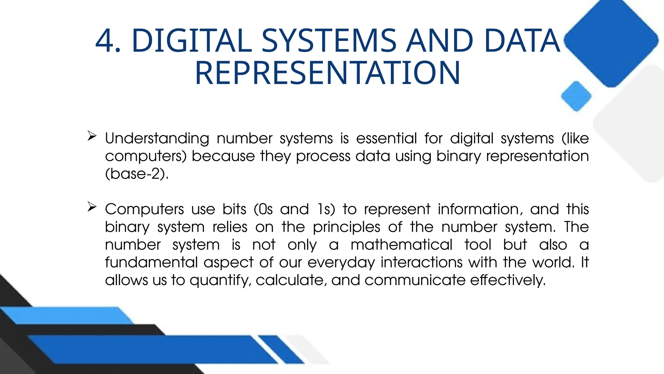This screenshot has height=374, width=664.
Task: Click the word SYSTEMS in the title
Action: pyautogui.click(x=329, y=41)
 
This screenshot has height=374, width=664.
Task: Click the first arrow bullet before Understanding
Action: pyautogui.click(x=92, y=136)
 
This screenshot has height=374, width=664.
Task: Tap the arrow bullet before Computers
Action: pyautogui.click(x=92, y=206)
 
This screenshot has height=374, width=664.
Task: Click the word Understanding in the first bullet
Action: pyautogui.click(x=157, y=139)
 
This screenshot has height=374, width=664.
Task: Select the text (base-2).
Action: pyautogui.click(x=137, y=174)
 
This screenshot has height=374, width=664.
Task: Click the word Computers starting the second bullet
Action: pyautogui.click(x=144, y=210)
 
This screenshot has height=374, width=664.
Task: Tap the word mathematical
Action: pyautogui.click(x=401, y=245)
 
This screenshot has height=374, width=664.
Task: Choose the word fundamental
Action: pyautogui.click(x=151, y=262)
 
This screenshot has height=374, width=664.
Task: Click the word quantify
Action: pyautogui.click(x=220, y=280)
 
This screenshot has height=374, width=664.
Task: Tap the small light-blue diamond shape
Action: pyautogui.click(x=576, y=96)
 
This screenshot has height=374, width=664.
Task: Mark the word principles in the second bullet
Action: pyautogui.click(x=346, y=227)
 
